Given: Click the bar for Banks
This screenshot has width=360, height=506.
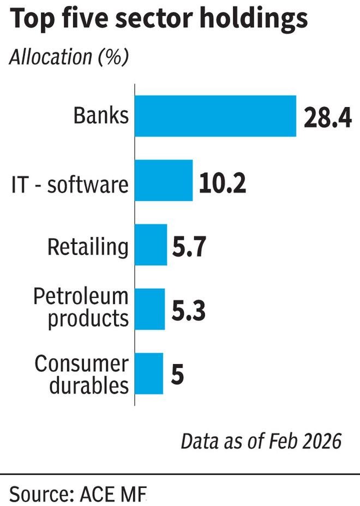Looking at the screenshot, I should pyautogui.click(x=215, y=116).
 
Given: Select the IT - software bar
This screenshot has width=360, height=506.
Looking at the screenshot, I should pyautogui.click(x=164, y=181).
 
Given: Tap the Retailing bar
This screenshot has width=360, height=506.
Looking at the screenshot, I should pyautogui.click(x=151, y=245).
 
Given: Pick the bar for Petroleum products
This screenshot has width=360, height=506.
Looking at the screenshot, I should pyautogui.click(x=150, y=309).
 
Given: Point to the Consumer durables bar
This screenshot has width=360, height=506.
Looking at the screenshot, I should pyautogui.click(x=149, y=373).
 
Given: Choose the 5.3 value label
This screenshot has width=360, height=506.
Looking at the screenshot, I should pyautogui.click(x=187, y=311).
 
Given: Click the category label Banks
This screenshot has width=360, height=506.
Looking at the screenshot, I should pyautogui.click(x=101, y=116).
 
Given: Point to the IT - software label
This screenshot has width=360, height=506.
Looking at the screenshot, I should pyautogui.click(x=70, y=186).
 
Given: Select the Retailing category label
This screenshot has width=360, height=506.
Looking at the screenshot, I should pyautogui.click(x=88, y=247).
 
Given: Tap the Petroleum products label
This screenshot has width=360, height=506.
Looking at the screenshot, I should pyautogui.click(x=81, y=308).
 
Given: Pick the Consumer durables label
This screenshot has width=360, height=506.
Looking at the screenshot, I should pyautogui.click(x=81, y=374).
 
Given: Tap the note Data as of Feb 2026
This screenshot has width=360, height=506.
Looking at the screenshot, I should pyautogui.click(x=261, y=440).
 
